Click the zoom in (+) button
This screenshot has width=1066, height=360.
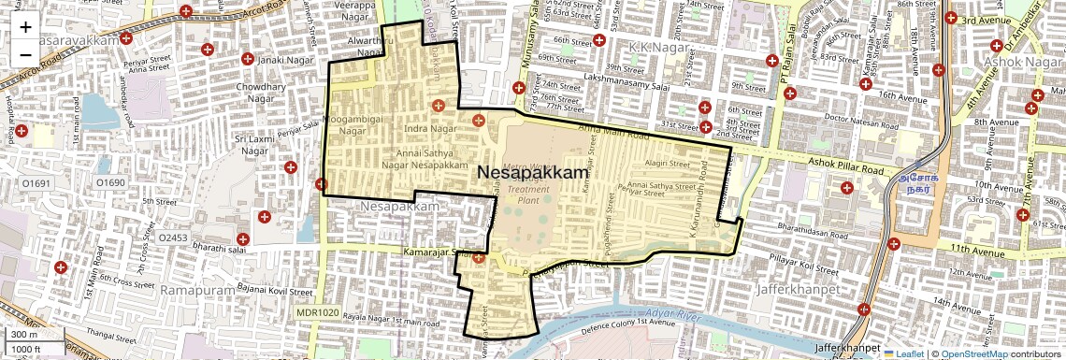pyautogui.click(x=25, y=27)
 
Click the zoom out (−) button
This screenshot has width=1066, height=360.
pyautogui.click(x=25, y=54)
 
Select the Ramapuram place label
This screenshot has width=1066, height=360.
pyautogui.click(x=194, y=292)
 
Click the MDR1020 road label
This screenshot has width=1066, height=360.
pyautogui.click(x=316, y=312)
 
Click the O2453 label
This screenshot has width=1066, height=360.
pyautogui.click(x=173, y=238)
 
